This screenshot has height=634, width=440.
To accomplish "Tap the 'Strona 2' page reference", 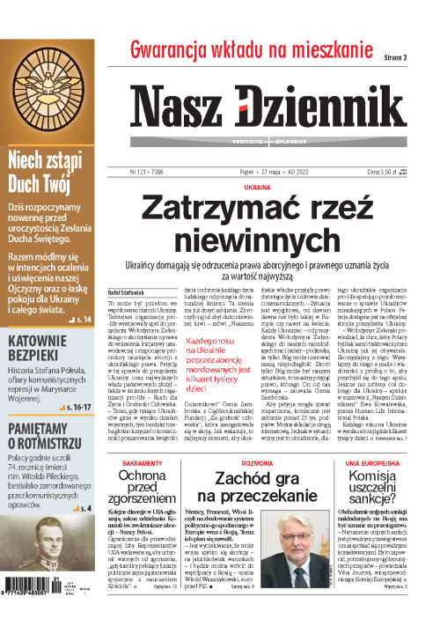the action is click(400, 58).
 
